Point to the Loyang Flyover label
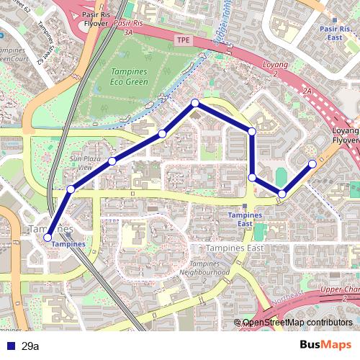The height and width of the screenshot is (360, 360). (346, 136)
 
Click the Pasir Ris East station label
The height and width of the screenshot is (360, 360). (332, 32)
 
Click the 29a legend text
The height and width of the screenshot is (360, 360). (30, 346)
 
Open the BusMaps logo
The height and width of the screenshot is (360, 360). (325, 345)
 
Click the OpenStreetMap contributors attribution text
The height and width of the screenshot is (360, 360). (297, 323)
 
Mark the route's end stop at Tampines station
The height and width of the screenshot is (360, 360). (48, 237)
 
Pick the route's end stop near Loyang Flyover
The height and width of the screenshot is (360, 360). (312, 163)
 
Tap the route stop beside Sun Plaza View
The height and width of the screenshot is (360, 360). (112, 161)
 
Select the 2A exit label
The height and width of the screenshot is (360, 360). (307, 91)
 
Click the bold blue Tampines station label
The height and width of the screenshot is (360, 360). (68, 244)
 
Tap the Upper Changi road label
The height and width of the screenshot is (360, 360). (338, 289)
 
